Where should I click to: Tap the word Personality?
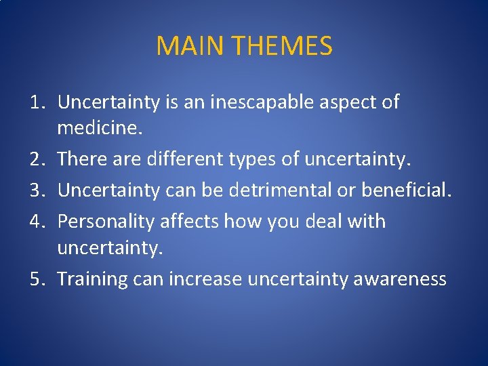[105, 222]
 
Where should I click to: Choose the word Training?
[91, 279]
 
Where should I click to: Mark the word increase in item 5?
[204, 279]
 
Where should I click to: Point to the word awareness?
[400, 279]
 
